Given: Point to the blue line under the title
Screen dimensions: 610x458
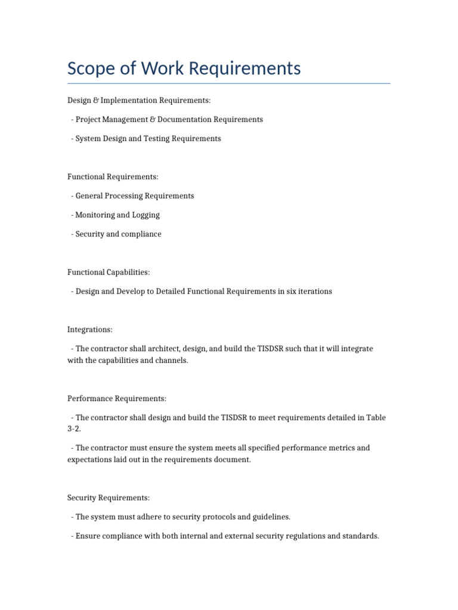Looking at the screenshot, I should tap(229, 83).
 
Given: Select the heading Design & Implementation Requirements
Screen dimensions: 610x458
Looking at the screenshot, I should tap(139, 100).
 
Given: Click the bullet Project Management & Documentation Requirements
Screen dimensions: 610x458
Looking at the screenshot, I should tap(169, 119).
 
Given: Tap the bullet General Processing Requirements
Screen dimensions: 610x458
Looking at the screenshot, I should tap(134, 195).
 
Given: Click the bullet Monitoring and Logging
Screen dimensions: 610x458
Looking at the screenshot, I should tap(117, 214).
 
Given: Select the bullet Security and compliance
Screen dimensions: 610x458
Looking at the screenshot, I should tap(118, 234).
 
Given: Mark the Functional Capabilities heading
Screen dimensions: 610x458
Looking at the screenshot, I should tap(109, 272).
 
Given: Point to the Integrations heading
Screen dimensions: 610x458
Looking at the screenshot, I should tap(90, 329).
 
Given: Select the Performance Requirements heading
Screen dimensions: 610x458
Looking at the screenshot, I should tap(117, 398).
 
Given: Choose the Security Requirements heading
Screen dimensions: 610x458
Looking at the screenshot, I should tap(109, 497).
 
